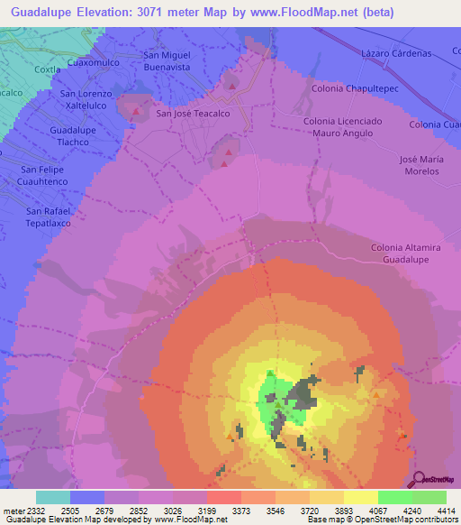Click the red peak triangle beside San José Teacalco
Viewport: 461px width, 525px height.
(137, 113)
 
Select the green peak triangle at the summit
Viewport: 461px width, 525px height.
(269, 373)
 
